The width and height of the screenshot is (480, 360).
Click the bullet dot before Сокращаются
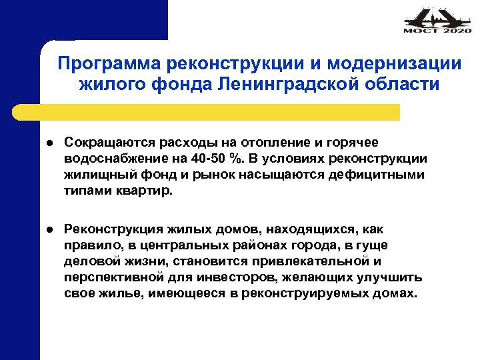[49, 143]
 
